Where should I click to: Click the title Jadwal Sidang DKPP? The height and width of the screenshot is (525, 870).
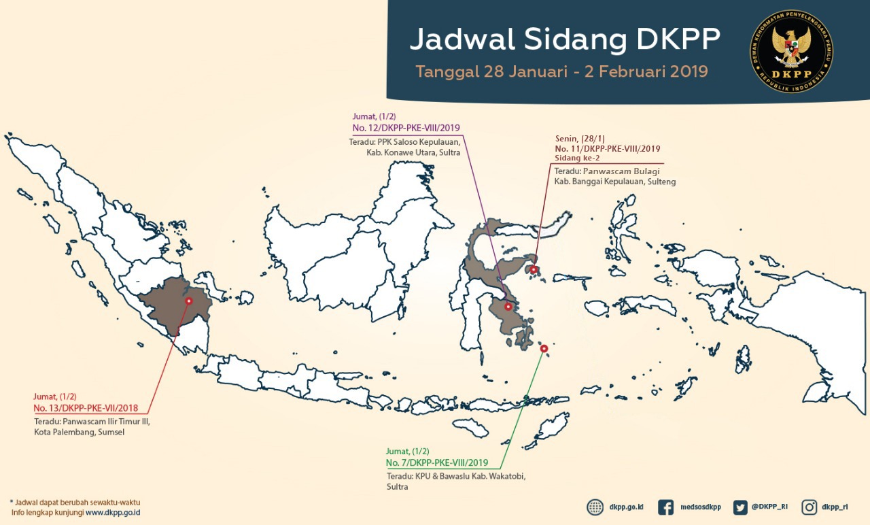point(564,39)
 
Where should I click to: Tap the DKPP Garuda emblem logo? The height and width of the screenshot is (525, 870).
point(791,51)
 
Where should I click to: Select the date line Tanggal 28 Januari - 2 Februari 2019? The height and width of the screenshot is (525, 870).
point(561,71)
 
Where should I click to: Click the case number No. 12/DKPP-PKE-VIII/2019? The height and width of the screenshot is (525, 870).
point(406,128)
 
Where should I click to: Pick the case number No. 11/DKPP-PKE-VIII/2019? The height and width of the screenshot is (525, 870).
point(607,148)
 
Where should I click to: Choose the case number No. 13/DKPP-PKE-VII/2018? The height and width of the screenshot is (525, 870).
point(86,408)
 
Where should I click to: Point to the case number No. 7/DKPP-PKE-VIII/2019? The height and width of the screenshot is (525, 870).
point(437,462)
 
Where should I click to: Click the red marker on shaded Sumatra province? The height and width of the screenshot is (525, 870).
point(189,301)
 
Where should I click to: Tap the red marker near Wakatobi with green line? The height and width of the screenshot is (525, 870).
point(544,349)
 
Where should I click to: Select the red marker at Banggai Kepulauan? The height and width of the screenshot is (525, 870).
point(534,270)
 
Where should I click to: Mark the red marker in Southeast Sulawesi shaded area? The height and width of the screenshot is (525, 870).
point(508,307)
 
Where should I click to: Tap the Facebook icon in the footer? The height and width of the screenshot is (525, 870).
point(666,507)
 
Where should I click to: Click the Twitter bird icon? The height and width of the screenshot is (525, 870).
point(740,507)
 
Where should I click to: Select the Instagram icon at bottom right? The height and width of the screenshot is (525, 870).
point(810,507)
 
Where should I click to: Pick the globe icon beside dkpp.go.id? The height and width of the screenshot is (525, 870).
point(595,507)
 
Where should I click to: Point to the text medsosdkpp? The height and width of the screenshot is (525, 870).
point(701,507)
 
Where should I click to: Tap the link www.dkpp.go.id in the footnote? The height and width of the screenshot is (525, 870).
point(113,512)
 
